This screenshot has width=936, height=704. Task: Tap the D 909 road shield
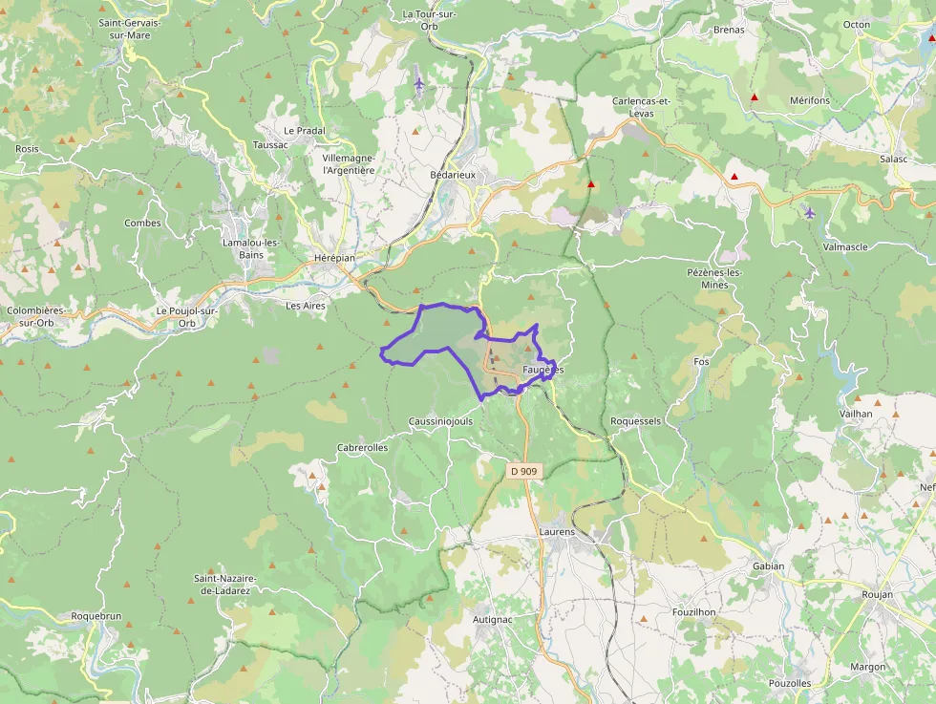[522, 471]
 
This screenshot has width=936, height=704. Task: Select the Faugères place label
[543, 370]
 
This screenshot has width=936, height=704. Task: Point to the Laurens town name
[557, 531]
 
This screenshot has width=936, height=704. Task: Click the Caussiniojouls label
[440, 420]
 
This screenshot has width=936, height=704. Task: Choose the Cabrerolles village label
[363, 447]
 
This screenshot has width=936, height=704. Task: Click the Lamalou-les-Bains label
[250, 248]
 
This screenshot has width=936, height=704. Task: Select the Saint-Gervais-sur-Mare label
[129, 29]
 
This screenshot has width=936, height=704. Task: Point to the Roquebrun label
[96, 616]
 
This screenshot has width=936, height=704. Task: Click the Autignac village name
[493, 619]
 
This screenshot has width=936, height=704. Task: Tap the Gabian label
[768, 565]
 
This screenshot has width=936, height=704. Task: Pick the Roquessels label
[635, 420]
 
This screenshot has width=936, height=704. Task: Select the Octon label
[857, 25]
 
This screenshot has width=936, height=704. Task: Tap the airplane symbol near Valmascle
[810, 212]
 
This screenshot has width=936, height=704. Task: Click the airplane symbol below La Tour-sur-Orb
[418, 84]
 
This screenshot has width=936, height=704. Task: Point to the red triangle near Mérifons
[755, 97]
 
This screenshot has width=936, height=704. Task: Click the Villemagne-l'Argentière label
[349, 163]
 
